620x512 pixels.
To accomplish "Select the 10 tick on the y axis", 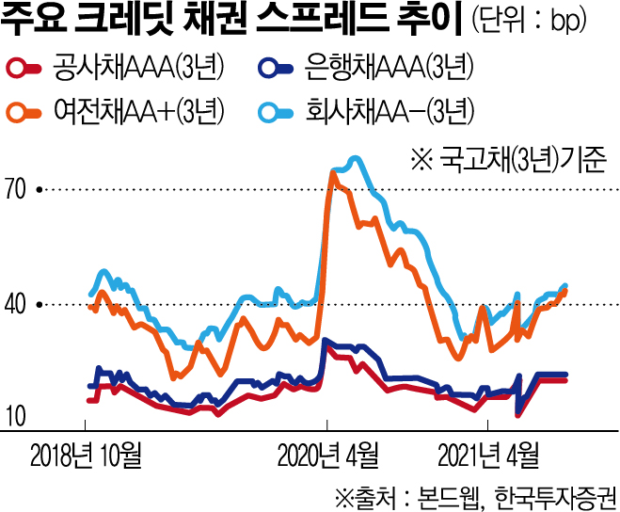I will (18, 417).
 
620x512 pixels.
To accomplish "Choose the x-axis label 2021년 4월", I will (492, 456).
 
